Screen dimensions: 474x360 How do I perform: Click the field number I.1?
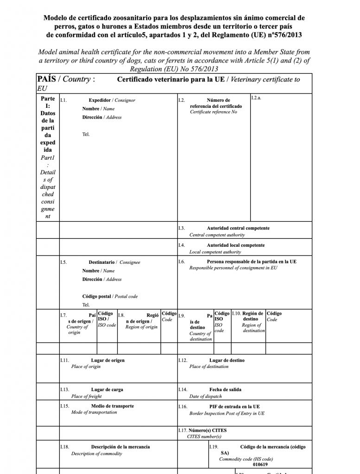63,100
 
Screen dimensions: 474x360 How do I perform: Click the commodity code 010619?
260,464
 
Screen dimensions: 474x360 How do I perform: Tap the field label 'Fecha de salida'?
225,390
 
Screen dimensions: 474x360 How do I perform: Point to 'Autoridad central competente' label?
238,228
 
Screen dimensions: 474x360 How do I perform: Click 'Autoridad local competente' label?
235,245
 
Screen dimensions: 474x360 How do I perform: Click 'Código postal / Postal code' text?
110,296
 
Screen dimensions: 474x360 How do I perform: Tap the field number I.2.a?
256,98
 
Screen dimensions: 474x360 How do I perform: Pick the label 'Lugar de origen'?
107,360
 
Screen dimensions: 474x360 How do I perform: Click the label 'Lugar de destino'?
227,360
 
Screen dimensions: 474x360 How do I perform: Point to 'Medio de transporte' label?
112,406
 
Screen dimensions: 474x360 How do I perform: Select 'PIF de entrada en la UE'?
234,406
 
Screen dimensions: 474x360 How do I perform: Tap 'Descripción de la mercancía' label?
120,447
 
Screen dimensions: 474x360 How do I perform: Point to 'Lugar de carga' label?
107,390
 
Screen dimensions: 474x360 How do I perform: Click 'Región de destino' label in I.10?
253,316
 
